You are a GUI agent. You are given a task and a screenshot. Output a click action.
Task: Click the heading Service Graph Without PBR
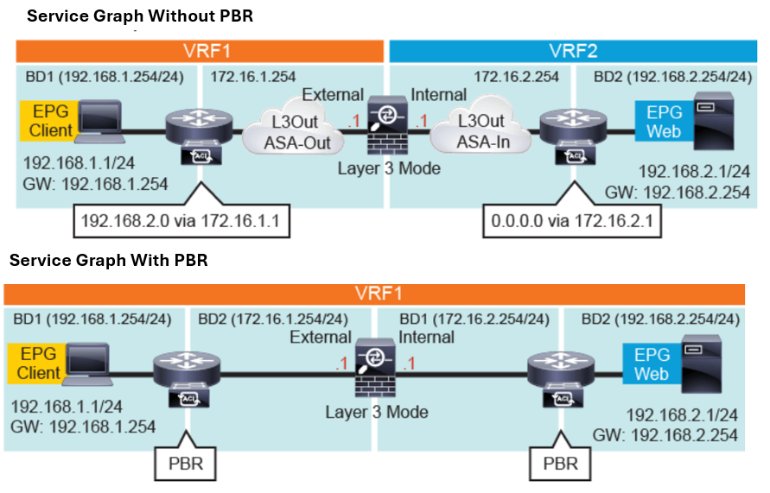click(x=140, y=16)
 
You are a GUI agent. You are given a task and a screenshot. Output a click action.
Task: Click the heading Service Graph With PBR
click(x=108, y=260)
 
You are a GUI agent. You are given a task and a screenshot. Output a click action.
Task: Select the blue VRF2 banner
click(x=573, y=50)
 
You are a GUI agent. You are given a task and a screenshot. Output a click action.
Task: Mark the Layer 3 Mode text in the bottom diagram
click(x=377, y=411)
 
